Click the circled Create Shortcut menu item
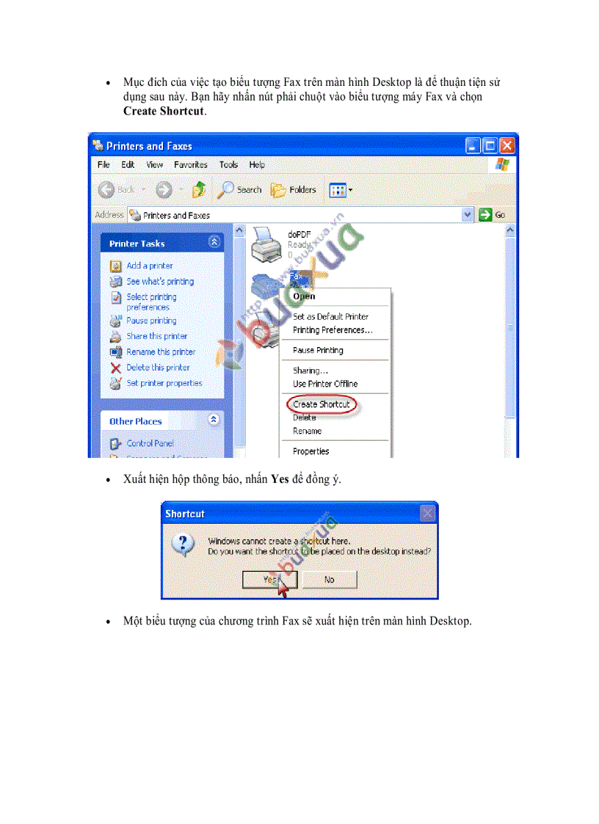click(x=321, y=404)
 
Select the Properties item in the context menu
click(x=311, y=451)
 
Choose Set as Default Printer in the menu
click(x=330, y=317)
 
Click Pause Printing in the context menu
click(x=318, y=351)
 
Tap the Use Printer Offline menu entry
click(x=325, y=384)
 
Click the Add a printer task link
click(x=149, y=266)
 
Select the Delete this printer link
click(x=158, y=368)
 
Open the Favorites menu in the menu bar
click(x=191, y=165)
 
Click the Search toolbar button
click(x=240, y=190)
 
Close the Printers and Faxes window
click(x=507, y=145)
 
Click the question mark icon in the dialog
click(x=183, y=544)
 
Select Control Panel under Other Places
click(x=150, y=443)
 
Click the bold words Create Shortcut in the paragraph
click(x=164, y=112)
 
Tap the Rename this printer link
click(x=161, y=352)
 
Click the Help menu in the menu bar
click(x=257, y=165)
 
